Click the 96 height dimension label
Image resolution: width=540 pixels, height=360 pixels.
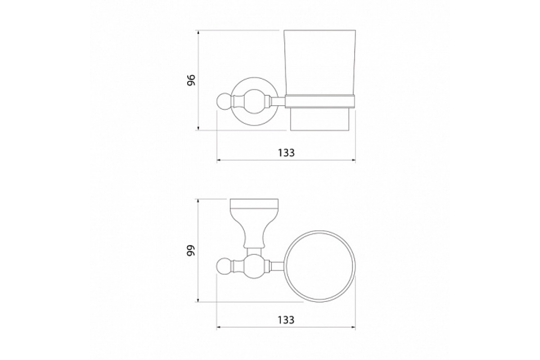(191, 80)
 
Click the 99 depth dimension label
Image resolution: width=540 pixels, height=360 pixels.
(191, 251)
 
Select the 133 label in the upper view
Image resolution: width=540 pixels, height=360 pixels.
(286, 153)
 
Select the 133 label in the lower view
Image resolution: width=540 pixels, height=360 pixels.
(286, 320)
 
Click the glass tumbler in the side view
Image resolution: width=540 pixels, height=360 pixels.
(319, 80)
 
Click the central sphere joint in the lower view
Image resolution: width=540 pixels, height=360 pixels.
(254, 266)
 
